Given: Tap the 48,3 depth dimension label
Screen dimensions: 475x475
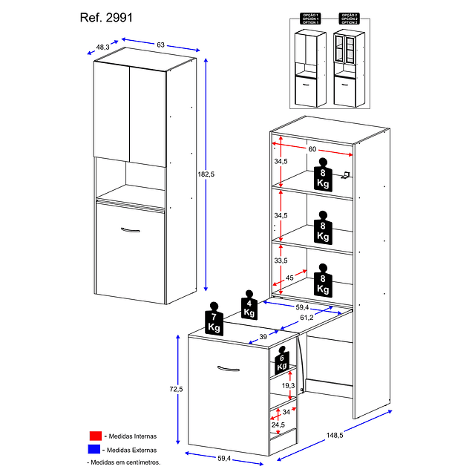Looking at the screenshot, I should [x=103, y=47].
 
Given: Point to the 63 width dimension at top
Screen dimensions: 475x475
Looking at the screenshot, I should [x=161, y=45].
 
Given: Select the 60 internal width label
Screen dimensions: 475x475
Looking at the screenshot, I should [x=312, y=148].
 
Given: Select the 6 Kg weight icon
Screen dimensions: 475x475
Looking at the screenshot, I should [x=281, y=360].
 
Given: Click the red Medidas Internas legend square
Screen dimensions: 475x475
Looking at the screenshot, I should [x=94, y=436].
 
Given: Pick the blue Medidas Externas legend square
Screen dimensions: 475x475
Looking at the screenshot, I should [x=94, y=449].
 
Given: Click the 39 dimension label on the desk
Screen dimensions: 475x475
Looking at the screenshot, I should [x=263, y=337].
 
